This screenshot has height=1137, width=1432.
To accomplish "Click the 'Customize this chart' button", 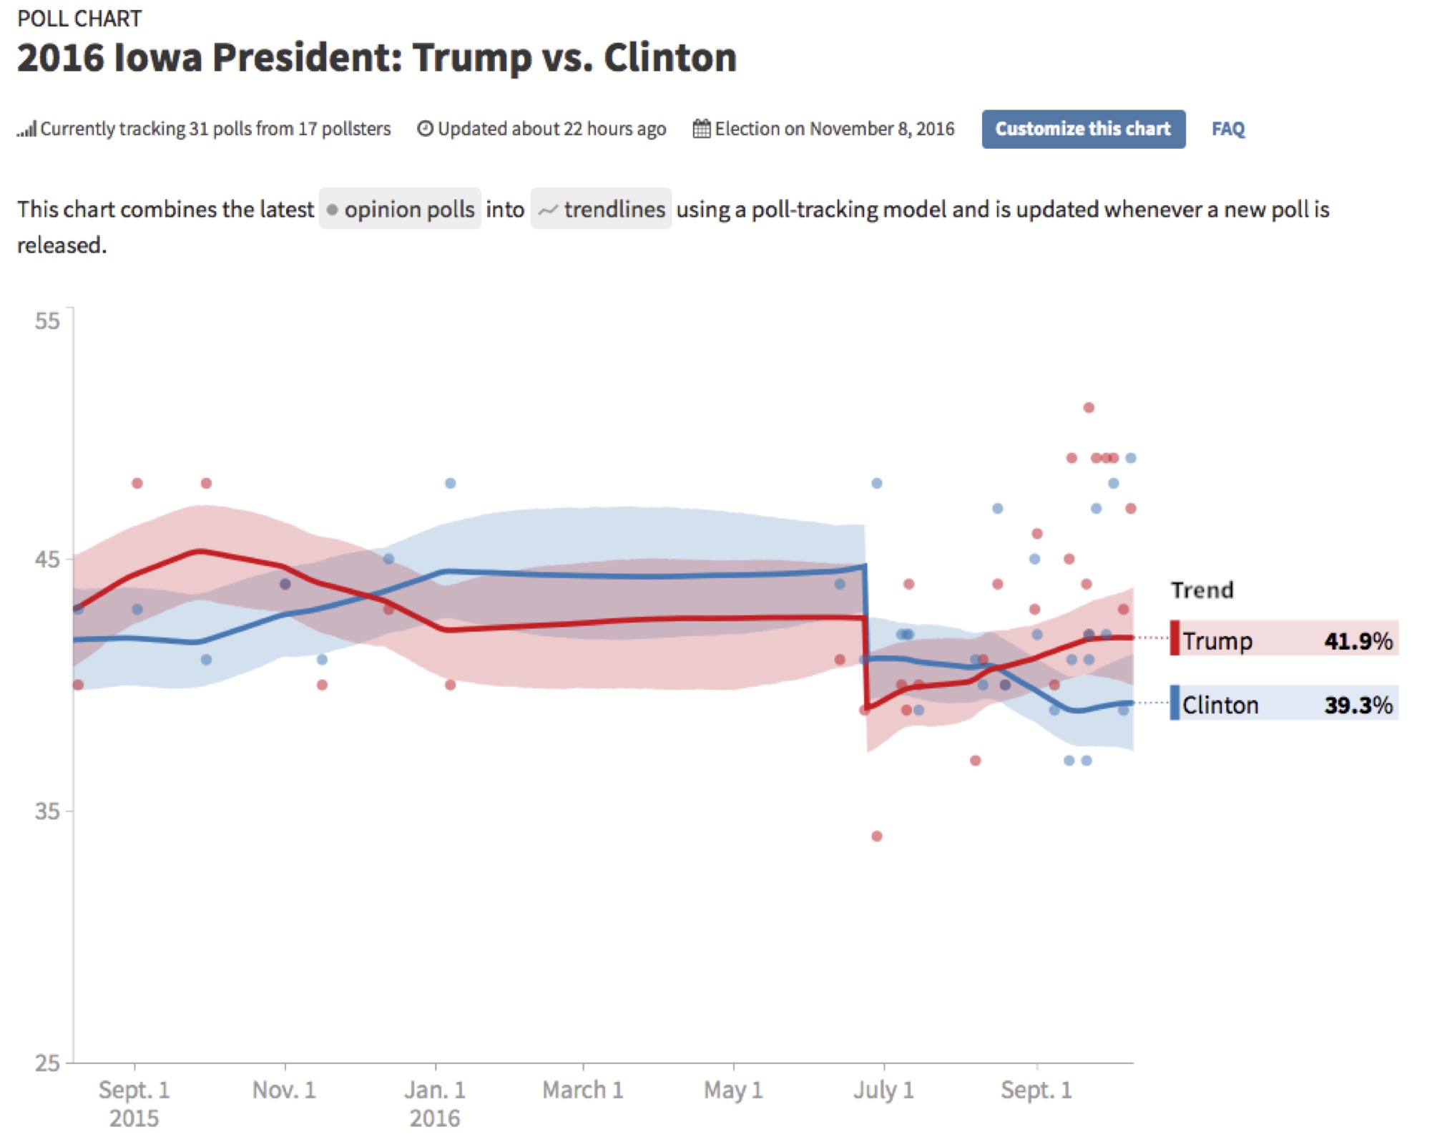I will (x=1082, y=129).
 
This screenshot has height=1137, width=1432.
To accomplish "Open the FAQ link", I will (x=1227, y=129).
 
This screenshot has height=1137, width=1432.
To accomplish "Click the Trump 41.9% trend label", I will (x=1284, y=638).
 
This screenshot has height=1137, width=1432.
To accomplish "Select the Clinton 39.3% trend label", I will (x=1284, y=703).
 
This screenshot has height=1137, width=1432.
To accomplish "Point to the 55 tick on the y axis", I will (x=47, y=321).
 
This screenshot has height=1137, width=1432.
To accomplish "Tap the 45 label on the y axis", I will (x=47, y=559).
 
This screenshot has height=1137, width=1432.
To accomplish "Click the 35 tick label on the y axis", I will (x=47, y=811).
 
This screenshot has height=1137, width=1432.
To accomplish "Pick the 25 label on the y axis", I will (x=47, y=1063).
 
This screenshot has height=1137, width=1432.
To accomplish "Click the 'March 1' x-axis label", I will (x=582, y=1089).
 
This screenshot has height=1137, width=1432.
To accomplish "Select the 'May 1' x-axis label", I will (x=733, y=1089).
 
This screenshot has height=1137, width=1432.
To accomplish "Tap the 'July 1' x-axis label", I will (x=883, y=1089).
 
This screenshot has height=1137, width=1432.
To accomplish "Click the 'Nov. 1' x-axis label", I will (x=284, y=1089).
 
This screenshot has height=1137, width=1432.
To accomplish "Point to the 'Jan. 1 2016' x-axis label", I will (x=435, y=1102).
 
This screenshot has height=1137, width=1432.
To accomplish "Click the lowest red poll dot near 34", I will (x=877, y=836).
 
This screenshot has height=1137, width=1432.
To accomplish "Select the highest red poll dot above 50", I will (x=1089, y=408).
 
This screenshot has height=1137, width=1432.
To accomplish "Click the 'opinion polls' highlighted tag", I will (x=400, y=209).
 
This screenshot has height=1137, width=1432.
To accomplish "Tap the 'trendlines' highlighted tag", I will (x=601, y=209).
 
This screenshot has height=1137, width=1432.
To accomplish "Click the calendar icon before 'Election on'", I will (x=702, y=129).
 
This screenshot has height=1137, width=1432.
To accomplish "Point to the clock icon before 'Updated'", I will (x=425, y=129).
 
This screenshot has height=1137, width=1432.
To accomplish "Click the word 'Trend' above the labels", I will (x=1202, y=590).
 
